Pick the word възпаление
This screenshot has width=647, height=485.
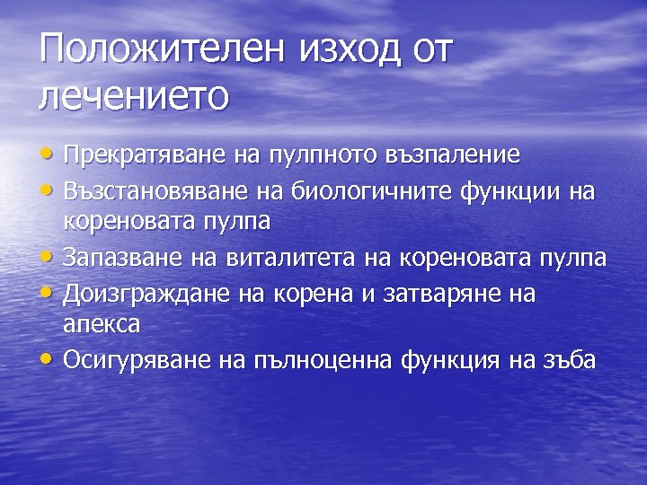tap(457, 154)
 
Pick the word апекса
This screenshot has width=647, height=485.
tap(102, 322)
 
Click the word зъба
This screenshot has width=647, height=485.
tap(565, 360)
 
